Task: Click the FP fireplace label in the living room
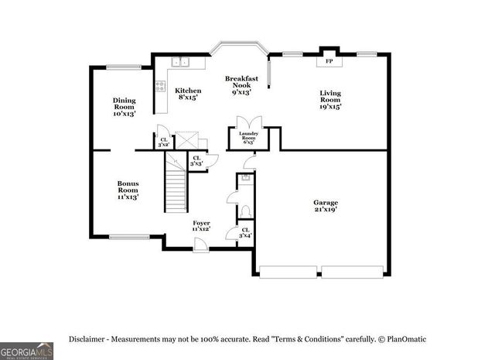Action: click(x=329, y=61)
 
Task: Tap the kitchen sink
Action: click(x=180, y=62)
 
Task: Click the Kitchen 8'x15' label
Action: click(x=188, y=94)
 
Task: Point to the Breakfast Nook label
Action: click(x=241, y=84)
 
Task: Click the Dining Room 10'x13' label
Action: click(x=125, y=106)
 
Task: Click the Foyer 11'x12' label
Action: click(x=201, y=225)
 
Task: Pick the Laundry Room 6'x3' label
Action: click(x=247, y=138)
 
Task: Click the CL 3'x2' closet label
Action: click(x=163, y=142)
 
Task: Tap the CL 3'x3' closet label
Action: click(x=196, y=160)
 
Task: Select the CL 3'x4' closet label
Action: click(x=244, y=232)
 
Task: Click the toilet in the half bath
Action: click(x=244, y=211)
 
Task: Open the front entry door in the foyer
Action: click(x=200, y=245)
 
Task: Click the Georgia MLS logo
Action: click(x=26, y=351)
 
